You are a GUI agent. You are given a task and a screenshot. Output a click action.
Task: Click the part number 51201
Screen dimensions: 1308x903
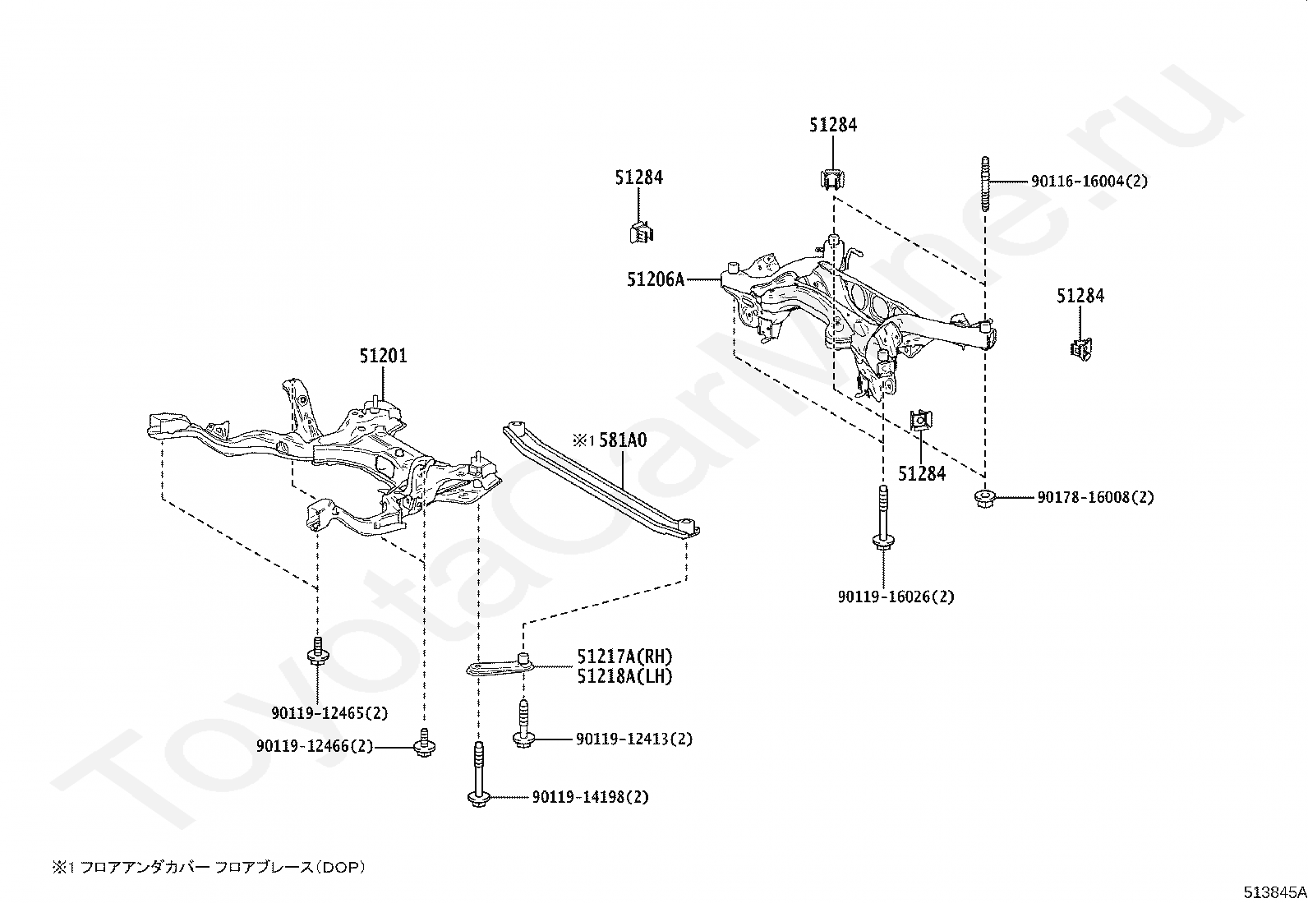[383, 356]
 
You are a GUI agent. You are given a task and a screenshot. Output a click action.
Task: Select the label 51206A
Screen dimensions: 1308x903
[655, 280]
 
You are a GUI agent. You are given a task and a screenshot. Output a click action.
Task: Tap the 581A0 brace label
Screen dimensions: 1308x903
[623, 440]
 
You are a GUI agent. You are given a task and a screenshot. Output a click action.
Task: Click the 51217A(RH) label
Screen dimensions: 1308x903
[624, 657]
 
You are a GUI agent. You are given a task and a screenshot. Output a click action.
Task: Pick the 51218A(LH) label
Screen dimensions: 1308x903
[624, 676]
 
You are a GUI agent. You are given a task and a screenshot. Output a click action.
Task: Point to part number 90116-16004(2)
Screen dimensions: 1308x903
[1089, 181]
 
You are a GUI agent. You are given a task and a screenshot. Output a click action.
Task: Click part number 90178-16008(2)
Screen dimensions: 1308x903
[1095, 498]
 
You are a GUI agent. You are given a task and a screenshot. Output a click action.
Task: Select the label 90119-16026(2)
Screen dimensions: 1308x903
[896, 597]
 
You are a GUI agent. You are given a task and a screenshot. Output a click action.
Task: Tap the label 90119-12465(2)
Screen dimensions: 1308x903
[329, 713]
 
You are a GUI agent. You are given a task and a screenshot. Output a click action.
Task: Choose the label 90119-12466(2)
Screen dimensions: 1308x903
[314, 746]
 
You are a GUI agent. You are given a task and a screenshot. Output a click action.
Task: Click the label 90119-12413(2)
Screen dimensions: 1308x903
[634, 739]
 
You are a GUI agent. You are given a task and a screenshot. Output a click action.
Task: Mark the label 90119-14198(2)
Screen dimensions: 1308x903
[591, 797]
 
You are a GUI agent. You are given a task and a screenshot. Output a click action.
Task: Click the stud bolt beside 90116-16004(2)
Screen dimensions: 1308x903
[985, 185]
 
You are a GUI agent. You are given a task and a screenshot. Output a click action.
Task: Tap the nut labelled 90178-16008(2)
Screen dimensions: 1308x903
[984, 498]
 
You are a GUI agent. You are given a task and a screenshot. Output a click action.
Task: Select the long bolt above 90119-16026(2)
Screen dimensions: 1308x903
[883, 517]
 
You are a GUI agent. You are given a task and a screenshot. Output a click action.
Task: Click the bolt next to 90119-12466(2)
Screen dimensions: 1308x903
[424, 743]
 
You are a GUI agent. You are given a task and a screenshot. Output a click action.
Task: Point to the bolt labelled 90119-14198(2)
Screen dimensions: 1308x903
[478, 774]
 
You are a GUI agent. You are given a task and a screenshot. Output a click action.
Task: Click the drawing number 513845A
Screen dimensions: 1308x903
[1274, 892]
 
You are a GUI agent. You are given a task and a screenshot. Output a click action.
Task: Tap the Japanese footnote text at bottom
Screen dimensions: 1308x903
[209, 868]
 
